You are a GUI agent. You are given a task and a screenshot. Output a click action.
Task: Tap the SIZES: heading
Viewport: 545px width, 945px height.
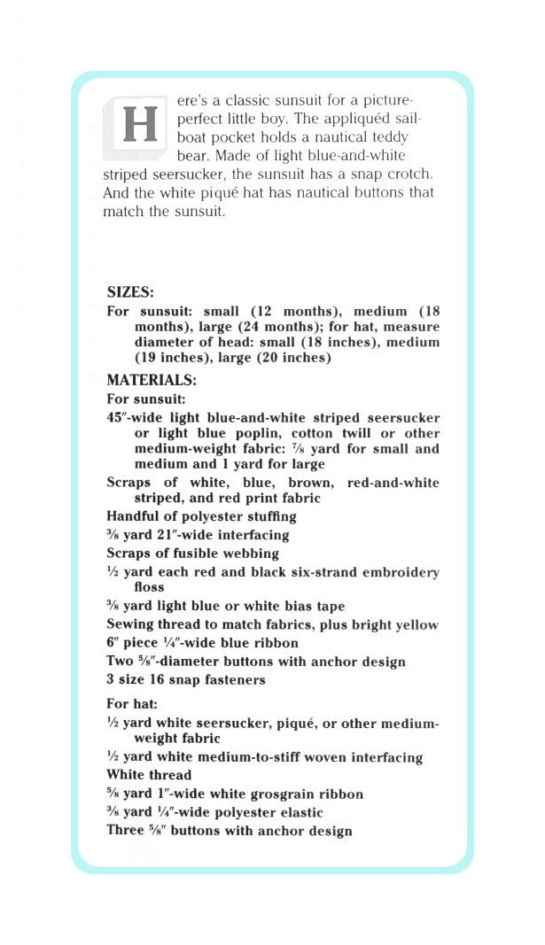(130, 291)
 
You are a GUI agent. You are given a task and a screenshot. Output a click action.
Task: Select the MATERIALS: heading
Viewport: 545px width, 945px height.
(152, 380)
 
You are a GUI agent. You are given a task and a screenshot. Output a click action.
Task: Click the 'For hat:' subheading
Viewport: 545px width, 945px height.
(132, 704)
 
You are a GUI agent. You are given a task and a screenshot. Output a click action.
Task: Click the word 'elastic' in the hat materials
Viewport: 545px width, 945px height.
(299, 812)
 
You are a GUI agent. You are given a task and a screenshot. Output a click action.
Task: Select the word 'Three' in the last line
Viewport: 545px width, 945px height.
(125, 831)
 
